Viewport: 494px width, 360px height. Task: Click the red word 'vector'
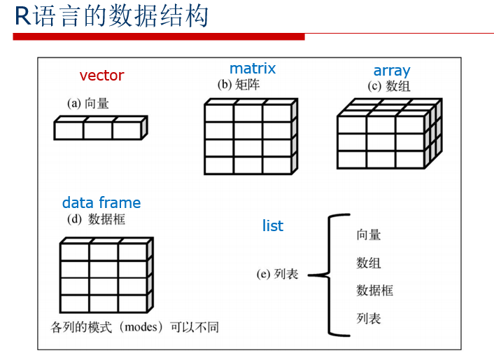(x=101, y=76)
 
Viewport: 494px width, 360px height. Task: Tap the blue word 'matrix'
(x=253, y=69)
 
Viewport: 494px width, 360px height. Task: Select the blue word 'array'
(x=391, y=71)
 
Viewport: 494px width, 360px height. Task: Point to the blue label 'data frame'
(x=101, y=203)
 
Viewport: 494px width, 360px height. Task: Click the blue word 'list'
(x=273, y=226)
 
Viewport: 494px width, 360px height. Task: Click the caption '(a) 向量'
(x=88, y=104)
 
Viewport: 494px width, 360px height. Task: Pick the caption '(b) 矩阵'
(x=238, y=85)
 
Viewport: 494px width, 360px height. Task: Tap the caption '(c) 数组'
(x=389, y=86)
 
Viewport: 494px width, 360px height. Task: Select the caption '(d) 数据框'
(x=97, y=219)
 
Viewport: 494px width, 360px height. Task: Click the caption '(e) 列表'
(x=278, y=274)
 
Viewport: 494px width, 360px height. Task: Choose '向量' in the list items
(x=369, y=235)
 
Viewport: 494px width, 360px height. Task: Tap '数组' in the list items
(x=369, y=263)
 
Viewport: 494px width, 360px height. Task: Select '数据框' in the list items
(x=374, y=290)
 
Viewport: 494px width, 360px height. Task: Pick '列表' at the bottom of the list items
(x=369, y=319)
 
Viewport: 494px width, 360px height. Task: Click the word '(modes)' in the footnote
(x=143, y=327)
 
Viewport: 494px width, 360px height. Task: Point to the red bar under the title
(x=158, y=36)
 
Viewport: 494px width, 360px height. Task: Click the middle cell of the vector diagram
(x=97, y=130)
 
